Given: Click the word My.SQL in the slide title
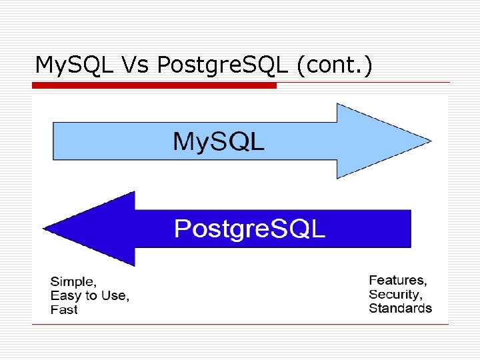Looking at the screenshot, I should click(75, 65).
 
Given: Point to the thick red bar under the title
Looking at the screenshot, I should click(154, 86).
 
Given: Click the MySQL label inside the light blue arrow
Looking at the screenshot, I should click(219, 141).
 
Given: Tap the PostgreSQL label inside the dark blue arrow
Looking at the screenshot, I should click(250, 229).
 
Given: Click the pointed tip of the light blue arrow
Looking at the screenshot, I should click(430, 141).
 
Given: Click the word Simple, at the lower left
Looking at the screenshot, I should click(74, 281).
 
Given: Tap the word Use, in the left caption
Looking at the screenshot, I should click(115, 295).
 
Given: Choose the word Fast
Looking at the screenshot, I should click(64, 309).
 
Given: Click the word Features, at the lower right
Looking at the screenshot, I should click(398, 280).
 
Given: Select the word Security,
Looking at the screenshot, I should click(395, 294).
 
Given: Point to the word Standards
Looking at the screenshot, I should click(400, 308).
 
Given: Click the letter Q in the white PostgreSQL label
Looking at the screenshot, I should click(294, 229).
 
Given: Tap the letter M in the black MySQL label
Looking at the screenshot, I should click(184, 141).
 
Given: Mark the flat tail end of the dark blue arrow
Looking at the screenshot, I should click(409, 229).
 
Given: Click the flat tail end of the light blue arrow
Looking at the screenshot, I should click(55, 141).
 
